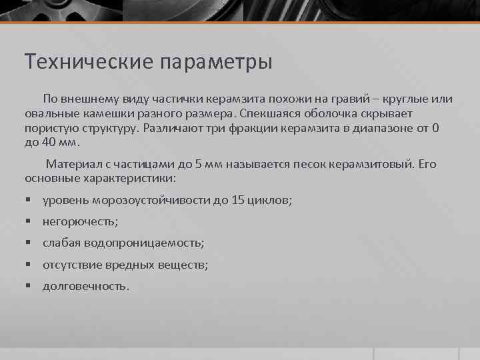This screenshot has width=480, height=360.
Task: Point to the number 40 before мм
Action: (x=49, y=143)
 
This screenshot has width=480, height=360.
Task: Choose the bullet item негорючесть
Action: (x=80, y=221)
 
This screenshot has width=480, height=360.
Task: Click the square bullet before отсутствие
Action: (x=29, y=265)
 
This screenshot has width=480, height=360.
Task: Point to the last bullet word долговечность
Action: (x=85, y=286)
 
